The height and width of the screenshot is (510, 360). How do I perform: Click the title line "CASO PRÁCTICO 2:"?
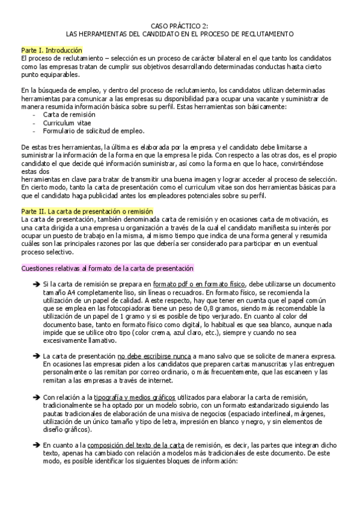pyautogui.click(x=179, y=25)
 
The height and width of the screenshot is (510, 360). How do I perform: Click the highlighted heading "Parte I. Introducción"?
pyautogui.click(x=51, y=50)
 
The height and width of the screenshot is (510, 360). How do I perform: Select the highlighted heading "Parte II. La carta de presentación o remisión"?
pyautogui.click(x=87, y=212)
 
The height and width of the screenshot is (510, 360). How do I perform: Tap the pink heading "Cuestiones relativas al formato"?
pyautogui.click(x=107, y=268)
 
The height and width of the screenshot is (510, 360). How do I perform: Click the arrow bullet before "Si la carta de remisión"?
pyautogui.click(x=36, y=283)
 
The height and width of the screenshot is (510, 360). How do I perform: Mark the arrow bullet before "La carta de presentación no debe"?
pyautogui.click(x=36, y=355)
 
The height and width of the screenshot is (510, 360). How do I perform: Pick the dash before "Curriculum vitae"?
pyautogui.click(x=35, y=122)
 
